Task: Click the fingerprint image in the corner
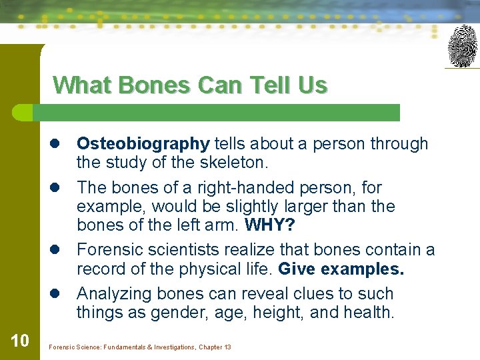(x=462, y=46)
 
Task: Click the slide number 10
(x=20, y=341)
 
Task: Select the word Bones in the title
(x=145, y=85)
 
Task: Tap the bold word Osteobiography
(x=143, y=143)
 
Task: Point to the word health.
(x=367, y=312)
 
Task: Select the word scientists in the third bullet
(x=189, y=250)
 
